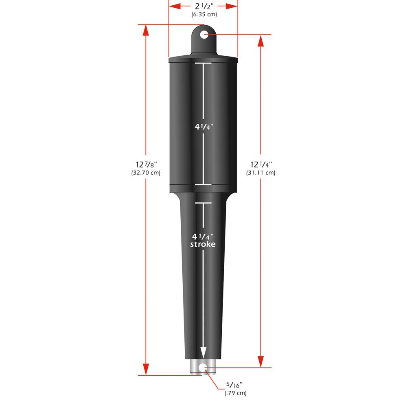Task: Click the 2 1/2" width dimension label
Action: tap(203, 7)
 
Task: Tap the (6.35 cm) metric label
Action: tap(204, 15)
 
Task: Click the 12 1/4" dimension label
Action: tap(261, 164)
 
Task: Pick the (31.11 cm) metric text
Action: tap(261, 173)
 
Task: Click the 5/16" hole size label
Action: tap(235, 385)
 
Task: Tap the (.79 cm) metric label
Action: tap(235, 393)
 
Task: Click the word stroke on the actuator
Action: tap(203, 244)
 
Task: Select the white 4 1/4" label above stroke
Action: tap(203, 236)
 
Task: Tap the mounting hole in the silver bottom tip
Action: tap(203, 368)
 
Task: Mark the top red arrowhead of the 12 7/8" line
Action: tap(146, 31)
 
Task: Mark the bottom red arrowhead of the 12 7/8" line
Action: tap(146, 369)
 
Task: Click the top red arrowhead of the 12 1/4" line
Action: tap(261, 40)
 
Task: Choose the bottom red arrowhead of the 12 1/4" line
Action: tap(261, 362)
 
